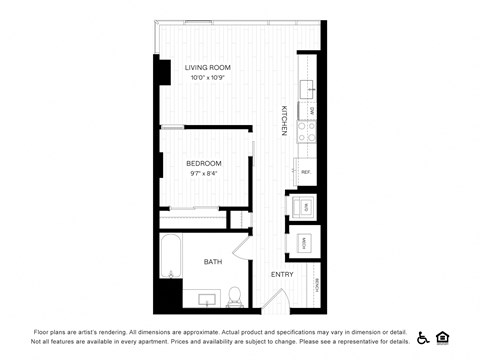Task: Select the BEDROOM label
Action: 204,163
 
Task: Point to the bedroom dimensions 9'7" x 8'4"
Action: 204,173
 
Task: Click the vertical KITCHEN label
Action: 284,120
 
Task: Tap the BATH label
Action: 213,262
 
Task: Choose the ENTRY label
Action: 282,274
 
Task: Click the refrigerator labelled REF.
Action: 306,172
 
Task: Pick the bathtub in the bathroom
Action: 171,258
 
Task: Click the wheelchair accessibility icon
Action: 423,337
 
